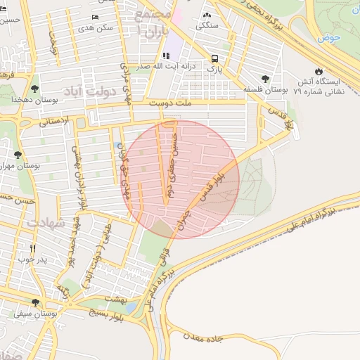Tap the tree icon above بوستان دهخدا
pyautogui.click(x=34, y=89)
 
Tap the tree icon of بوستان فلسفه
pyautogui.click(x=265, y=79)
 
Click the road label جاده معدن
pyautogui.click(x=204, y=338)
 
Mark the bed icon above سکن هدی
pyautogui.click(x=96, y=17)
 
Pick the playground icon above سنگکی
pyautogui.click(x=207, y=15)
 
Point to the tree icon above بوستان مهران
pyautogui.click(x=18, y=155)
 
